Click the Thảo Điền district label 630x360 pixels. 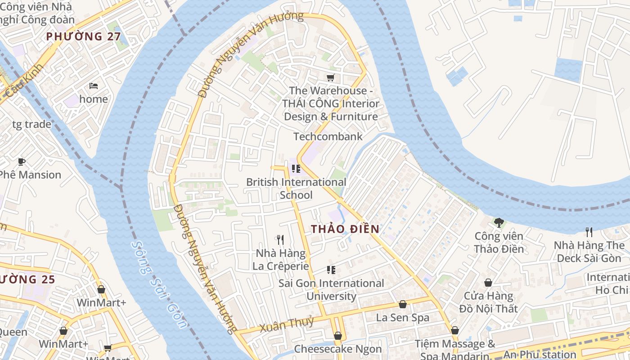[345, 229]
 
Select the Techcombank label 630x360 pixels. [328, 136]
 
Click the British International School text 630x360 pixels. [296, 189]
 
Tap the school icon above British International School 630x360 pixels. [296, 169]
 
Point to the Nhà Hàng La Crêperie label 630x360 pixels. [281, 260]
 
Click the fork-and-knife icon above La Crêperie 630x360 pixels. [280, 239]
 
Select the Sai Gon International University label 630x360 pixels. [331, 290]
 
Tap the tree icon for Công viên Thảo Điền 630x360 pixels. [499, 222]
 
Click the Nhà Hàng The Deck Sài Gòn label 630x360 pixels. [589, 252]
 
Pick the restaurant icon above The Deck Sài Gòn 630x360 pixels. [589, 232]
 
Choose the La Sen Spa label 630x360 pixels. [403, 318]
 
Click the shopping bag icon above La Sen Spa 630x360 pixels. [403, 305]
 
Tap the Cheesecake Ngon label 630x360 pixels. [337, 349]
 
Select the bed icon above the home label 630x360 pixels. [94, 85]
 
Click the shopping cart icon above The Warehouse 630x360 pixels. [331, 77]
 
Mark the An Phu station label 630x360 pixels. [540, 355]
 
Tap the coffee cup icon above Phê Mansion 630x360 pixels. [21, 162]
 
